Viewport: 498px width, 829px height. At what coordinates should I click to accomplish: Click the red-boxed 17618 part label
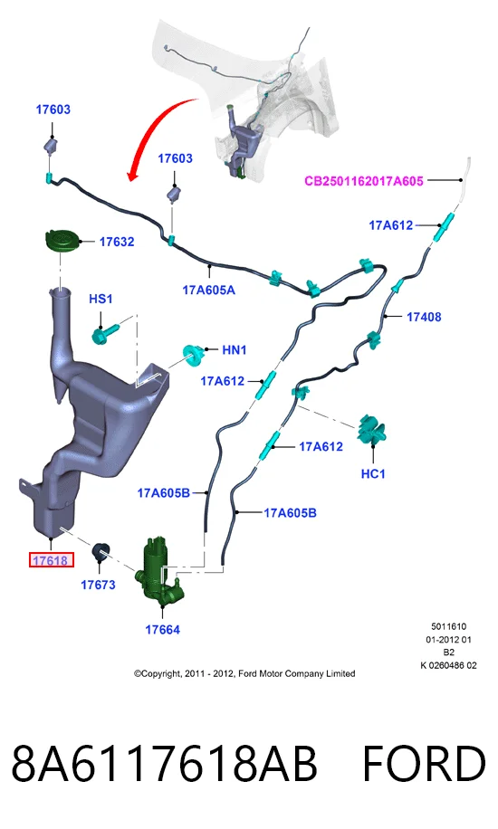(x=51, y=560)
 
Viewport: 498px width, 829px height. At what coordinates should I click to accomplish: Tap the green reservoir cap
(x=62, y=241)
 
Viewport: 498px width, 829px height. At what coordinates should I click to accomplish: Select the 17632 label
(x=117, y=242)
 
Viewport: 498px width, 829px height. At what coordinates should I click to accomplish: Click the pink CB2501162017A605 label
(x=364, y=181)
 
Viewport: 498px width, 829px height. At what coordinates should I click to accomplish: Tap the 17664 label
(x=162, y=630)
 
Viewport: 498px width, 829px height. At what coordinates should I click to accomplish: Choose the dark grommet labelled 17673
(x=101, y=552)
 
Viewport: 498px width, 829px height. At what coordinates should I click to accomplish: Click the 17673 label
(x=98, y=585)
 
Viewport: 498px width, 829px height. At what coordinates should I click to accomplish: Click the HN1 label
(x=234, y=349)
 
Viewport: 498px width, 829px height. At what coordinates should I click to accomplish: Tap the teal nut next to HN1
(x=193, y=354)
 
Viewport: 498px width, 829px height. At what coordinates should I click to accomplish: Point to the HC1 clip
(x=371, y=430)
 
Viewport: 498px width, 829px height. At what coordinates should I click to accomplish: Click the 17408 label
(x=424, y=317)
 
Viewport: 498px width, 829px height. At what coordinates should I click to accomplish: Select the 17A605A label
(x=208, y=290)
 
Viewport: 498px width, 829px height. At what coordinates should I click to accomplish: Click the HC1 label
(x=372, y=473)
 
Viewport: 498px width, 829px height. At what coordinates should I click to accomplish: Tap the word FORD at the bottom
(x=424, y=763)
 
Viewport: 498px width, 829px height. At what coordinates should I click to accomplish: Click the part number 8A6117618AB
(x=164, y=763)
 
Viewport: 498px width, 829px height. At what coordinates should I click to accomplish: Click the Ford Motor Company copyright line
(x=244, y=673)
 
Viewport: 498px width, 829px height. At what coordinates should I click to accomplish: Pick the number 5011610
(x=449, y=626)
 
